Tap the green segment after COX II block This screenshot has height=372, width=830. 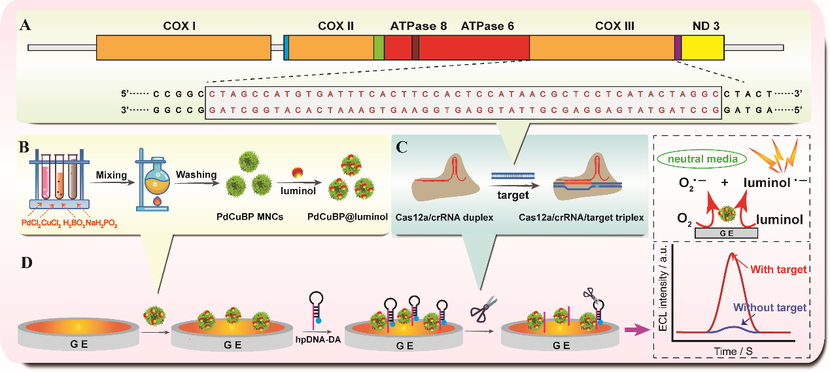379,48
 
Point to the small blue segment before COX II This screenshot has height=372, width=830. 286,48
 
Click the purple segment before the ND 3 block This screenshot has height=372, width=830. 678,48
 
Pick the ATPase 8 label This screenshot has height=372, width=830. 419,26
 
